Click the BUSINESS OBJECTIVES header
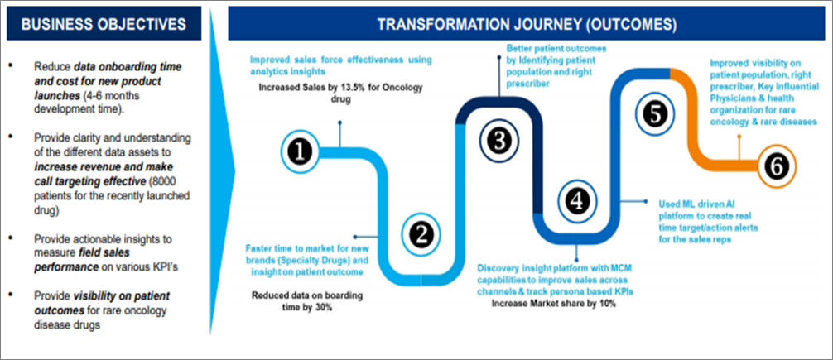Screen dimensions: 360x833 104,23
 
